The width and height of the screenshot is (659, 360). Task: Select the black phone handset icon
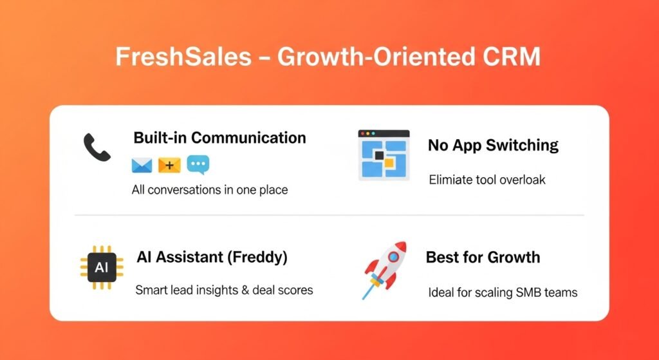[x=97, y=148]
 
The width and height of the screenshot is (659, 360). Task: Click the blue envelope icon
[x=142, y=166]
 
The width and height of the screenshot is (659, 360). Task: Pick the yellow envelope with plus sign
[x=169, y=166]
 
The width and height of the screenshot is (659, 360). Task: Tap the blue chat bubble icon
[x=198, y=165]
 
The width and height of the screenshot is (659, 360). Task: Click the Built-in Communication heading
[x=219, y=138]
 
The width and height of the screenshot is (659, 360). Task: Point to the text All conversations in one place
[x=209, y=190]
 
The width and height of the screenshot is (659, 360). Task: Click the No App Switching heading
[x=493, y=145]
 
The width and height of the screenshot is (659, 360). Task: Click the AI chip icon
[x=101, y=267]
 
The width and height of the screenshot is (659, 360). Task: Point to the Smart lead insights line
[x=224, y=290]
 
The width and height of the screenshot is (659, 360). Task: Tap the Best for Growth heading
[x=483, y=258]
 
